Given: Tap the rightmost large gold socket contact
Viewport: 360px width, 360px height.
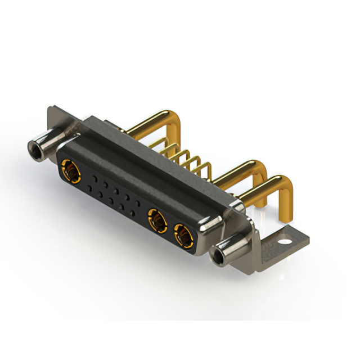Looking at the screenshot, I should pos(183,235).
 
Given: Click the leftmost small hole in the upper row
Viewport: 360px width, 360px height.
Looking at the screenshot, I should pos(94,178).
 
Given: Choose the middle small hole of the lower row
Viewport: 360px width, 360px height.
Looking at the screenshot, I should pos(111,201).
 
